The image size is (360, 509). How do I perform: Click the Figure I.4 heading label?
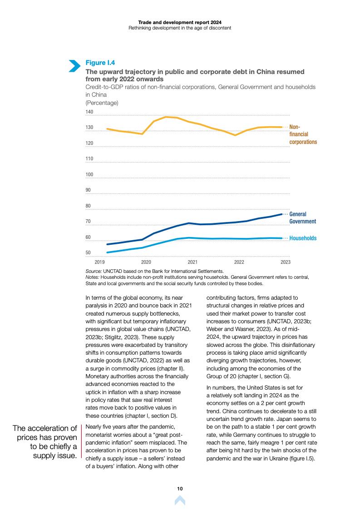tap(100, 63)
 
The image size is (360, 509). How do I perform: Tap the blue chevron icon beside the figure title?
tap(74, 65)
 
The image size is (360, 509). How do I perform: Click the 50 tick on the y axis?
tap(89, 253)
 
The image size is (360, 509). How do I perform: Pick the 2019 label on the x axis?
tap(100, 262)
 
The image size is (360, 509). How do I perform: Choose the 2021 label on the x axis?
tap(192, 262)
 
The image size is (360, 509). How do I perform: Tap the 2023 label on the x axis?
tap(286, 262)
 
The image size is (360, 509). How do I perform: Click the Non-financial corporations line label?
tap(303, 134)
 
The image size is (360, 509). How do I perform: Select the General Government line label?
tap(302, 217)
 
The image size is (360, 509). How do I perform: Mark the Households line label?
tap(303, 238)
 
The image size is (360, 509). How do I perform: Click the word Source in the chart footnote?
tap(94, 271)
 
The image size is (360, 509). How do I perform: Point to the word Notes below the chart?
tap(92, 277)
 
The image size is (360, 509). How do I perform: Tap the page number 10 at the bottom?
tap(180, 489)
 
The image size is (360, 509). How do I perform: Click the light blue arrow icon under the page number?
tap(180, 500)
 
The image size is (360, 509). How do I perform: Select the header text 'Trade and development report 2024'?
tap(180, 21)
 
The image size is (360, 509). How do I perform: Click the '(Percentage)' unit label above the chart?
tap(102, 103)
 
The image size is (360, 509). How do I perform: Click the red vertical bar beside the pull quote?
tap(81, 441)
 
